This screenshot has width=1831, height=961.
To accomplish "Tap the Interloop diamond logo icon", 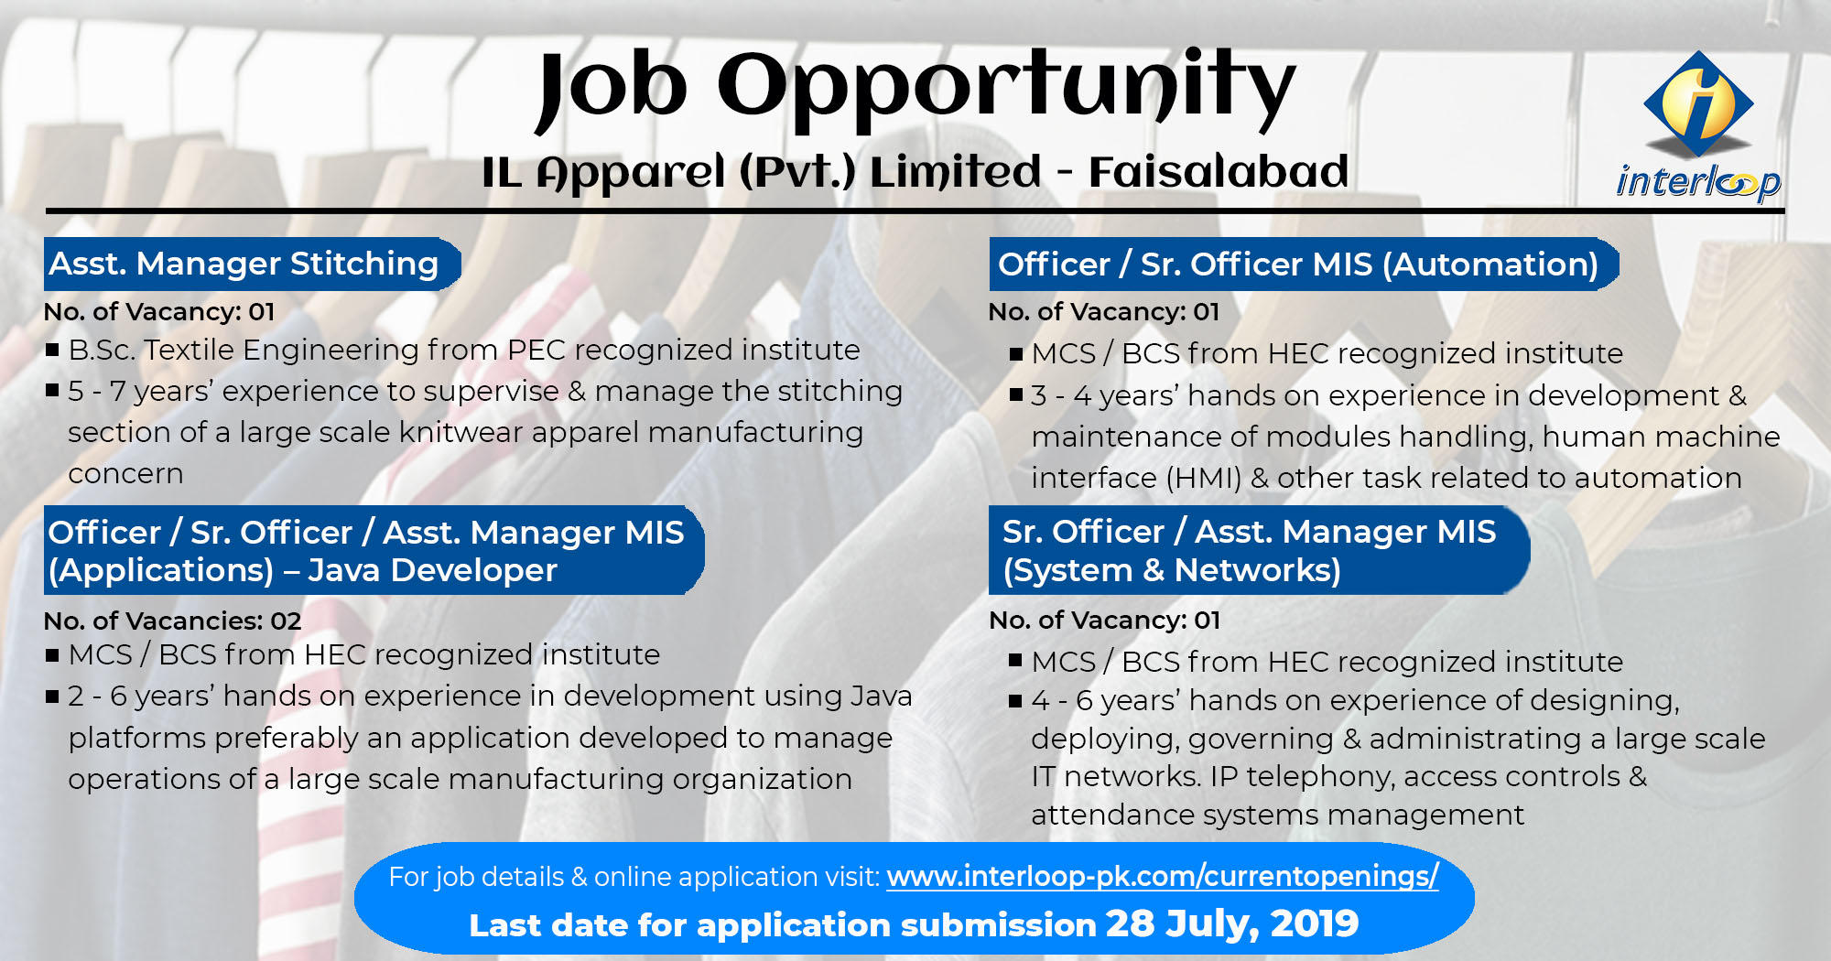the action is (x=1699, y=103).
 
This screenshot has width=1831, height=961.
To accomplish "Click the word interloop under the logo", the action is (x=1698, y=181).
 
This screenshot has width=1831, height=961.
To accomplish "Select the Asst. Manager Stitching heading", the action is (x=244, y=264).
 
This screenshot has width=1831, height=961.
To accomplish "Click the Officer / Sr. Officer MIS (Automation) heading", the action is (x=1298, y=265).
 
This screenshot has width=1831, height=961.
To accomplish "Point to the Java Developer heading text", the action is (x=432, y=570).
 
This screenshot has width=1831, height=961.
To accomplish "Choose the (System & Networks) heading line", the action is (x=1172, y=570).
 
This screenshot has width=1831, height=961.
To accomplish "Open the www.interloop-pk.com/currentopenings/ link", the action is (x=1163, y=876).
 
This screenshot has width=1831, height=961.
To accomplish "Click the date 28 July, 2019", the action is (x=1232, y=923).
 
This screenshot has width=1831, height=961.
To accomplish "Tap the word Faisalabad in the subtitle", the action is (x=1219, y=171).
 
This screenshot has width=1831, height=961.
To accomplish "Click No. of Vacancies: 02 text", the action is (x=172, y=621).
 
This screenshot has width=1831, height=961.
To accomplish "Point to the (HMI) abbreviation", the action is (x=1203, y=478).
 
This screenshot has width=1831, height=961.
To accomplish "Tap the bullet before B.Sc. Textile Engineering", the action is (x=52, y=350).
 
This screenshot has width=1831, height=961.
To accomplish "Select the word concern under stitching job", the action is (x=125, y=474).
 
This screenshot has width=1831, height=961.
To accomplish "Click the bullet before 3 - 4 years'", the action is (x=1015, y=395).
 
